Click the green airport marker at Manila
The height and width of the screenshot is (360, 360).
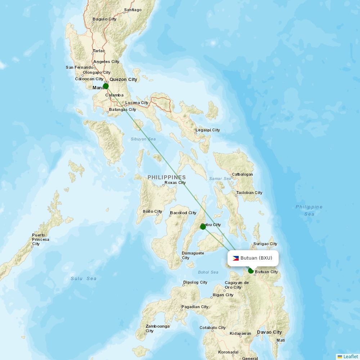[x=105, y=86]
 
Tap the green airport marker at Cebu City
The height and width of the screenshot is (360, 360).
[x=203, y=226]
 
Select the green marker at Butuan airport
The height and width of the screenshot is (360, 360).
[x=251, y=271]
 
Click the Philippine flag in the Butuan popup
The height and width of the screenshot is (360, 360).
[x=236, y=258]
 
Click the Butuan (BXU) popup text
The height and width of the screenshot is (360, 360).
[x=256, y=258]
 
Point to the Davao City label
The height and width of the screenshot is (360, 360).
[x=269, y=332]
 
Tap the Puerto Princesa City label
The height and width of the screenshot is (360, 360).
[x=41, y=239]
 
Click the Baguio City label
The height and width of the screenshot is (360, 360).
[x=104, y=19]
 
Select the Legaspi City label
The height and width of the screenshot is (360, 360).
[x=208, y=130]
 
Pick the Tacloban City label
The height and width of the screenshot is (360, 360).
[x=249, y=193]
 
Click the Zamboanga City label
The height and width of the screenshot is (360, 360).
[x=157, y=328]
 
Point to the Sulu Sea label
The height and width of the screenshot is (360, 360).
[x=84, y=278]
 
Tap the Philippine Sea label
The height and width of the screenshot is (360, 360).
[x=309, y=210]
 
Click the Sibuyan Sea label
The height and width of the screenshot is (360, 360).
[x=143, y=139]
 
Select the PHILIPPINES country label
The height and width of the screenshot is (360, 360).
[x=167, y=177]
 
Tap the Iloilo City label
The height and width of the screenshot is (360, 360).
[x=152, y=211]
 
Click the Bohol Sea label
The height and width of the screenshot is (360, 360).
[x=208, y=272]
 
